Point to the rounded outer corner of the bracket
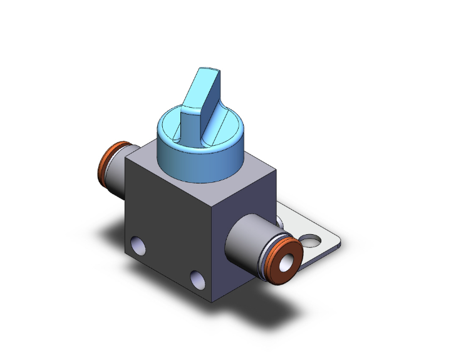point(339,244)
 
